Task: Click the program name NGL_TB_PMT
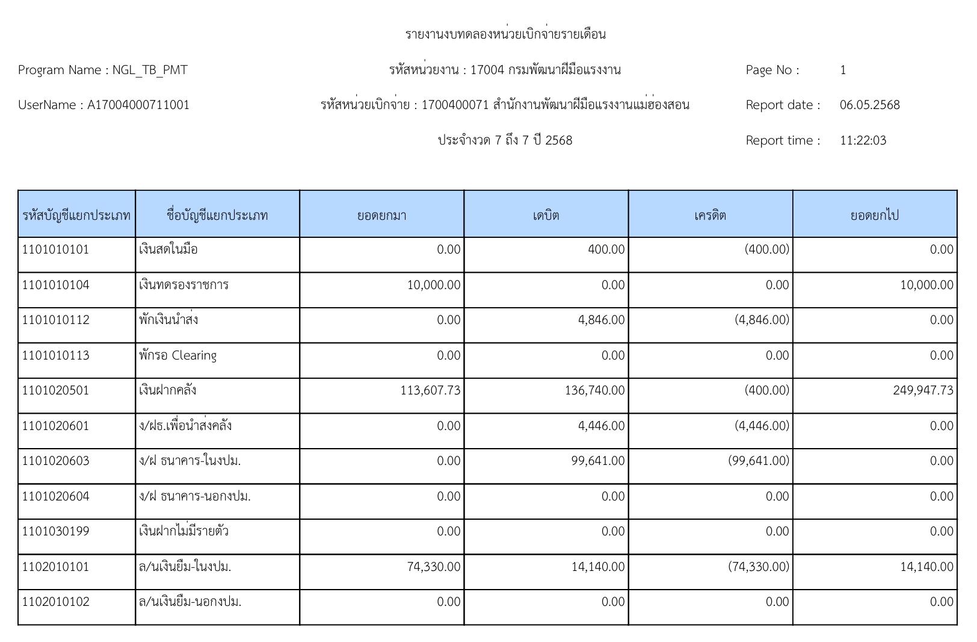pos(150,70)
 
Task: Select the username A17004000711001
pos(138,105)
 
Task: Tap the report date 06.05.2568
pos(869,105)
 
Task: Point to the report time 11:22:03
pos(863,141)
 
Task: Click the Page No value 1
pos(843,70)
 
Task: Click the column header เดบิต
pos(546,215)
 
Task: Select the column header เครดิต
pos(710,215)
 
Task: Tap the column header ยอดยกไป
pos(874,215)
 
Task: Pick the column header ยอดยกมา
pos(381,215)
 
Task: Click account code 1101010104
pos(55,285)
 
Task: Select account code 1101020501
pos(55,390)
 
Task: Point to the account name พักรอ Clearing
pos(177,355)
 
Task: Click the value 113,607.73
pos(430,390)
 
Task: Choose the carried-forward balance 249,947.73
pos(923,390)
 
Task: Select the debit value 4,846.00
pos(601,320)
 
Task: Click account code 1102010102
pos(55,602)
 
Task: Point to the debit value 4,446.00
pos(601,426)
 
